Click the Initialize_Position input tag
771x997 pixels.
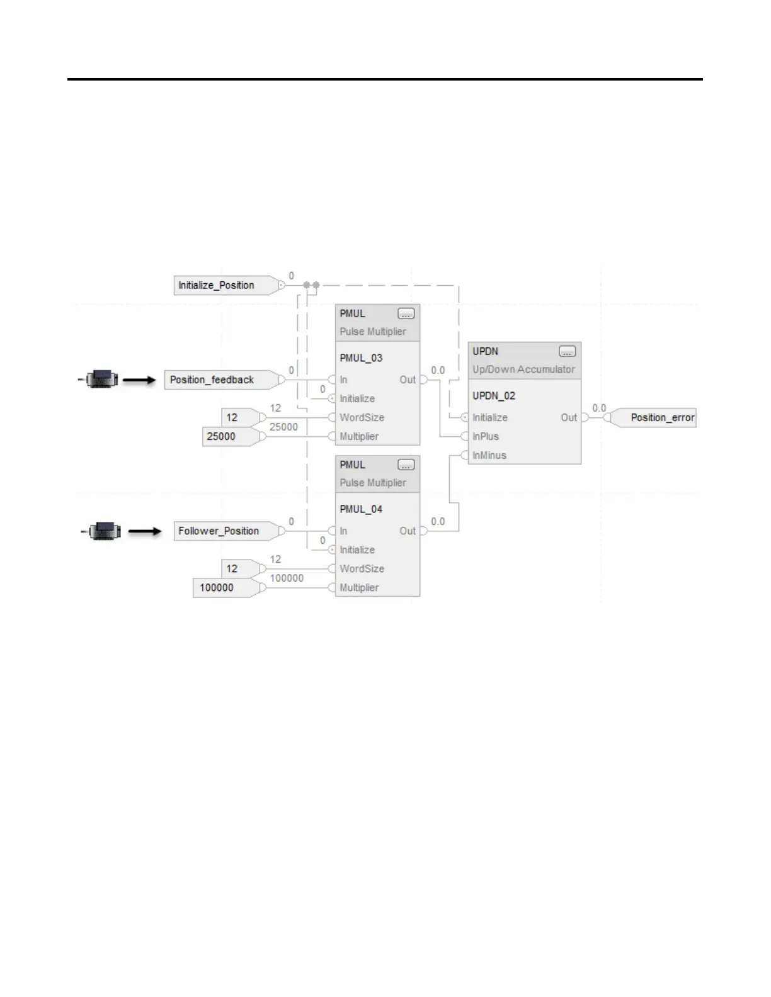216,285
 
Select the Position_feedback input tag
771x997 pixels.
212,380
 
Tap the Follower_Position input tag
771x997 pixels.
218,531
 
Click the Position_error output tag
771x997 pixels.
662,417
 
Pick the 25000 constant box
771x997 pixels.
221,436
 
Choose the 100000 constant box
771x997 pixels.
217,587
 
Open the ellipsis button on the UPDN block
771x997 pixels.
567,351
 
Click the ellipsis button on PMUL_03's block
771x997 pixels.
406,313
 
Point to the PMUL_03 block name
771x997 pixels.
361,358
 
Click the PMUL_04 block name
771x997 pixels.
361,509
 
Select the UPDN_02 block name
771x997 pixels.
494,395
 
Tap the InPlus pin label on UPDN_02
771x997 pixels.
486,436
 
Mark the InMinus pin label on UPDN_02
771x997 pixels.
489,455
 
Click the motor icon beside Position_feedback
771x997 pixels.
101,380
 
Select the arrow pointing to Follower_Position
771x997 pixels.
145,531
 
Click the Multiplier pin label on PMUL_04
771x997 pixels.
359,587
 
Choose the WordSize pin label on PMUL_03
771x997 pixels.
362,417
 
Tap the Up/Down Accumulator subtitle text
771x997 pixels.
523,369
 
